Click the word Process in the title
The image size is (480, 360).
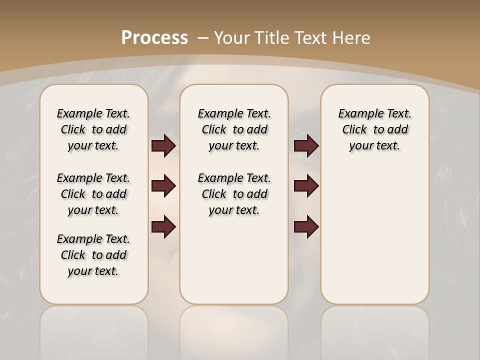tap(154, 37)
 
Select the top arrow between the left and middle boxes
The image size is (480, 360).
tap(163, 145)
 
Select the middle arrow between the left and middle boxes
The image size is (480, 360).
tap(163, 186)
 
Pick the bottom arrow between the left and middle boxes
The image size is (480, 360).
tap(163, 227)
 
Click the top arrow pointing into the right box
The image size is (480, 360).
tap(306, 145)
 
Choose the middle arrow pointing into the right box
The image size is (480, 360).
tap(306, 186)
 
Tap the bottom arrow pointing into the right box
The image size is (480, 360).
tap(306, 227)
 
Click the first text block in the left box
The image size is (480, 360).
tap(93, 129)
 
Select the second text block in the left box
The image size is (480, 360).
tap(93, 194)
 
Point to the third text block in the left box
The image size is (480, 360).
tap(93, 255)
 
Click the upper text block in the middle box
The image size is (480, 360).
tap(234, 129)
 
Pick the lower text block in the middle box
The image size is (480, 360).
tap(234, 194)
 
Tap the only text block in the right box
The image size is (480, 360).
tap(374, 129)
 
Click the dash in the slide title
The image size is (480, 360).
tap(203, 38)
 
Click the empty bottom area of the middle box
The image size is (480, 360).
tap(234, 265)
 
